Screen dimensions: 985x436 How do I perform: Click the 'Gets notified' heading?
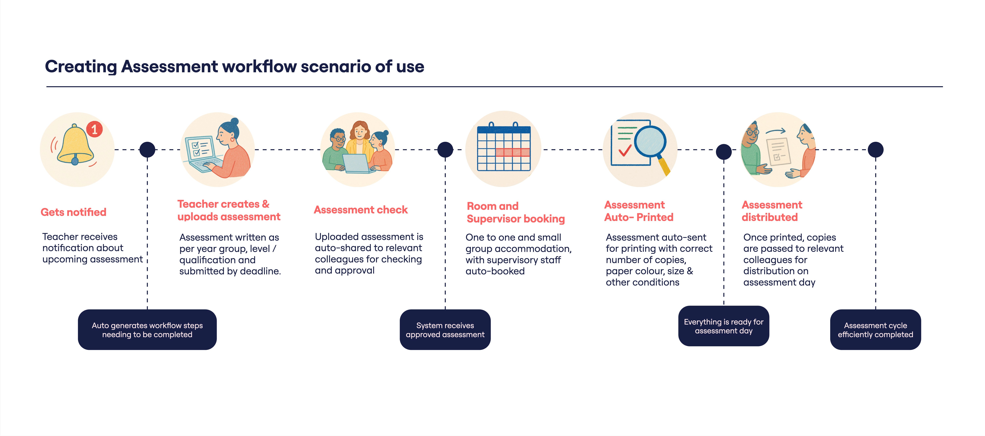pos(73,212)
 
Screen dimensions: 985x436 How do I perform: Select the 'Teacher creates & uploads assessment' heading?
pos(229,210)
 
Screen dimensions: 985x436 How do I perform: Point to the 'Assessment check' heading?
pos(361,210)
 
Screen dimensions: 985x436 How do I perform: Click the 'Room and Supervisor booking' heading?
pos(516,212)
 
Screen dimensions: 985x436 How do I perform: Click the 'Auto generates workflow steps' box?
pos(147,330)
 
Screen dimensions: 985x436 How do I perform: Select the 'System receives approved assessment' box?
pos(445,330)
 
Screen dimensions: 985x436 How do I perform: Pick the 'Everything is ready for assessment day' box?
pos(723,326)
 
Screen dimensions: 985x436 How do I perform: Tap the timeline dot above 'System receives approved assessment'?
pos(445,149)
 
